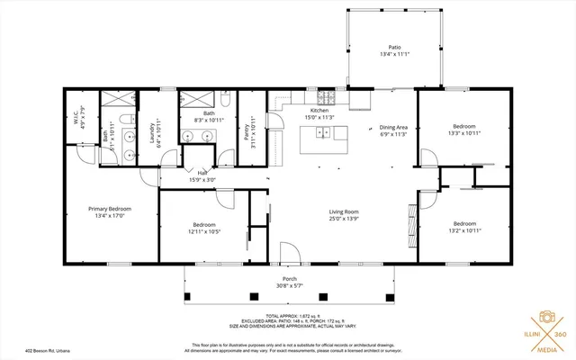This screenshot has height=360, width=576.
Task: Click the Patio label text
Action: pyautogui.click(x=393, y=47)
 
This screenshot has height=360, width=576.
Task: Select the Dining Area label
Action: pyautogui.click(x=393, y=128)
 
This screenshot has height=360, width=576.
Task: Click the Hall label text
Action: pyautogui.click(x=202, y=173)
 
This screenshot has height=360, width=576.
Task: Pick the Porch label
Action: pyautogui.click(x=289, y=279)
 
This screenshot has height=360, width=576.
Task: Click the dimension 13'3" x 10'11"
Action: pyautogui.click(x=464, y=133)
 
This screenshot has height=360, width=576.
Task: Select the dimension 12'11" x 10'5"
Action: pyautogui.click(x=204, y=231)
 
